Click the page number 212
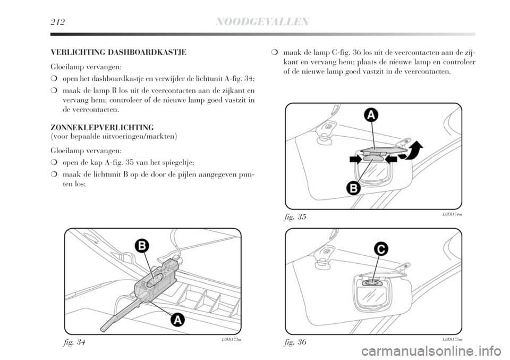(x=57, y=22)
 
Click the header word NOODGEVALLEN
(x=262, y=22)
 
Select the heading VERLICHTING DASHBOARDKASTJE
(x=118, y=53)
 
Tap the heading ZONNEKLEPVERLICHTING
(x=102, y=127)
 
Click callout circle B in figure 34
(x=142, y=246)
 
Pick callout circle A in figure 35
(x=371, y=115)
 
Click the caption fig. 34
(x=74, y=342)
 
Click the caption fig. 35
(x=295, y=217)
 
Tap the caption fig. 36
(x=295, y=342)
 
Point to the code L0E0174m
(x=452, y=214)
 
